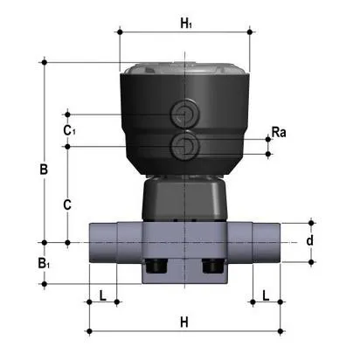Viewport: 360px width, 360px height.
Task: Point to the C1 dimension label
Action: [69, 129]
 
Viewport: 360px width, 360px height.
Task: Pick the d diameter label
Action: [308, 240]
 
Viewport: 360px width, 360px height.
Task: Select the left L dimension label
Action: [103, 295]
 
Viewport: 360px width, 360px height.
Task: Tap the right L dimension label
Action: [266, 295]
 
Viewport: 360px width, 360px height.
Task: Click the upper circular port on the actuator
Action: [184, 114]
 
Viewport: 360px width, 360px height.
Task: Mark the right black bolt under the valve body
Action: [212, 267]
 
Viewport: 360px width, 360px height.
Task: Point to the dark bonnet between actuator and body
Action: [183, 199]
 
